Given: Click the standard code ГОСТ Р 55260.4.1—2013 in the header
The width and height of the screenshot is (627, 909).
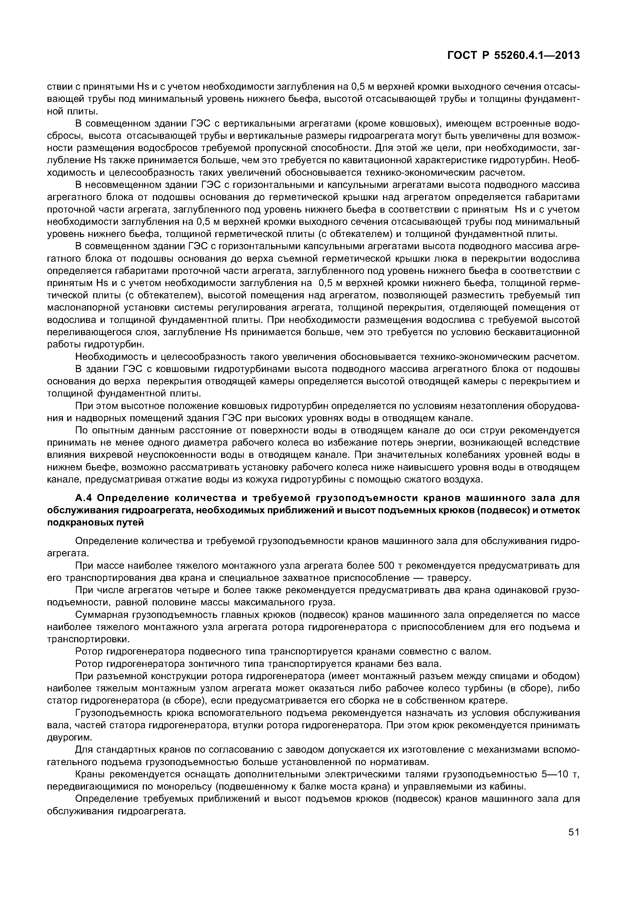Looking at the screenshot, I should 513,56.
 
